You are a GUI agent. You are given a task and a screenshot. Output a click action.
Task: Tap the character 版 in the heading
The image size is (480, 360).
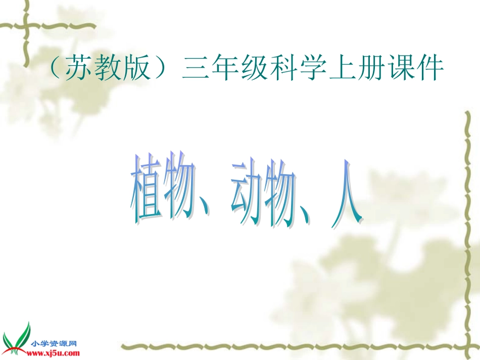click(x=133, y=69)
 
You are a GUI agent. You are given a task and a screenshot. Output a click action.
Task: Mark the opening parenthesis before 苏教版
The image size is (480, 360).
click(x=54, y=70)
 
